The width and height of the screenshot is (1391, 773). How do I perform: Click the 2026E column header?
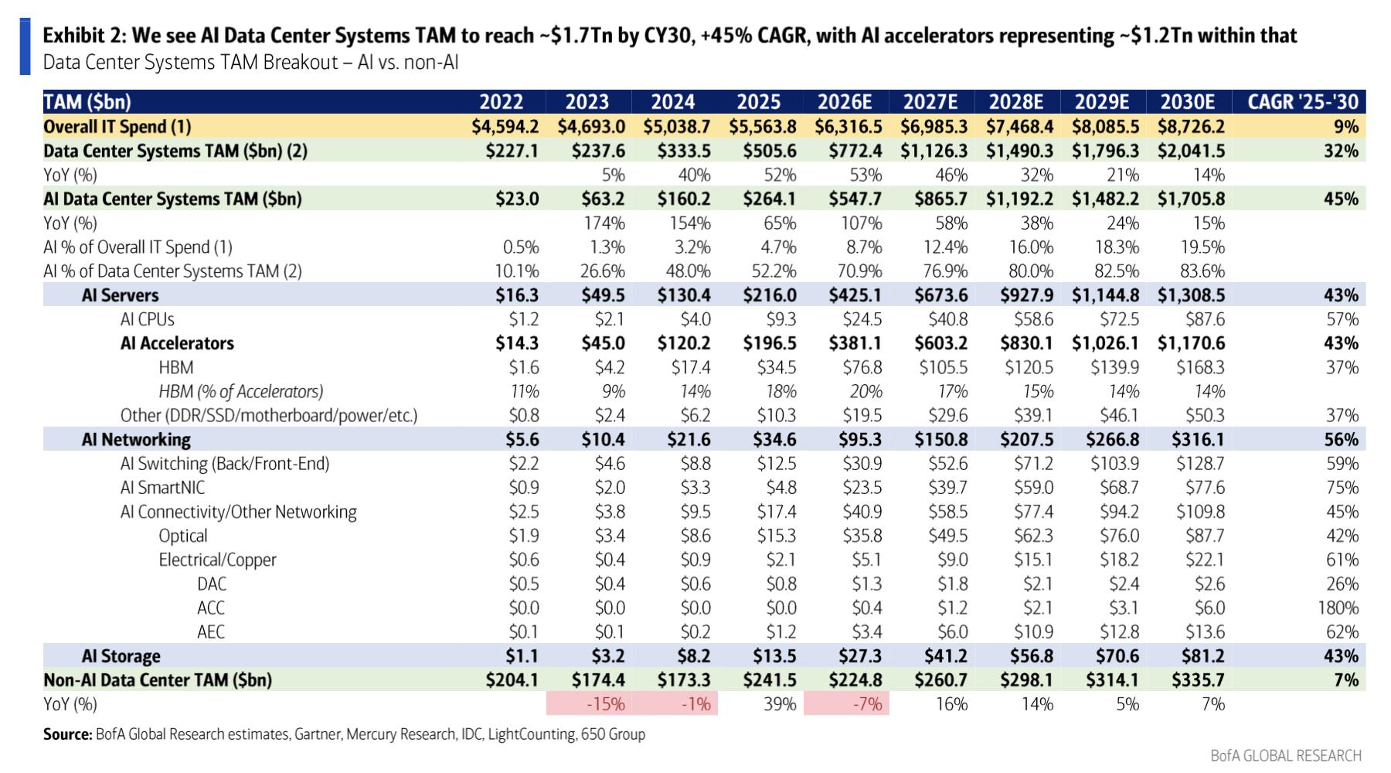coord(845,102)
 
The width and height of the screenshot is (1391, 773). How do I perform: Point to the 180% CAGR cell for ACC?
coord(1338,608)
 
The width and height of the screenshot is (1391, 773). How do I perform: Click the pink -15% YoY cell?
coord(605,704)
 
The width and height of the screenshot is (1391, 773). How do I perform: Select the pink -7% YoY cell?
coord(866,704)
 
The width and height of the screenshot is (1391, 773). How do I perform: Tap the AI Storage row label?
coord(121,656)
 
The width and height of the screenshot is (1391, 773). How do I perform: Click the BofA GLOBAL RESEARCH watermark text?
coord(1286,755)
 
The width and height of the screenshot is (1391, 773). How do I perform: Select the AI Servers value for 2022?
coord(517,295)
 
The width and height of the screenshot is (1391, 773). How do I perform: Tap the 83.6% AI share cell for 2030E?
coord(1203,271)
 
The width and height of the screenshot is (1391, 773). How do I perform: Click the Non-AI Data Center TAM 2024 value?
coord(684,680)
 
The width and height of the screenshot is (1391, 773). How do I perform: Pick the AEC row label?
coord(211,632)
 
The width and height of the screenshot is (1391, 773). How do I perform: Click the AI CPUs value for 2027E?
coord(947,319)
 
